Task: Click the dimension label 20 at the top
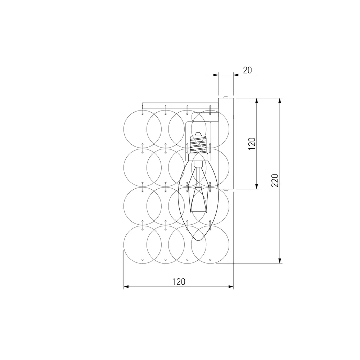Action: coord(247,70)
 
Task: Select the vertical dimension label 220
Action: coord(275,180)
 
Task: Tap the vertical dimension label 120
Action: coord(252,144)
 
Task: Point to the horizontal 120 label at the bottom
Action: coord(179,282)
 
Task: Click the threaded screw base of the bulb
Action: coord(198,144)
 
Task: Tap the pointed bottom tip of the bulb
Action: coord(198,240)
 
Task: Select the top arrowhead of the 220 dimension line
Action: coord(280,101)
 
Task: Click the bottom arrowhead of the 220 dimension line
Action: coord(280,261)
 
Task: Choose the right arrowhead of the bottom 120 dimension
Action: coord(231,287)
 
